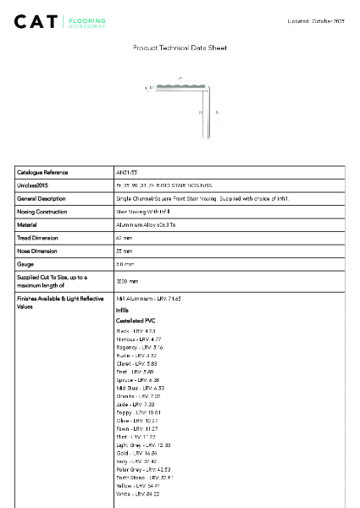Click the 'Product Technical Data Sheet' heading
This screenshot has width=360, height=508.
click(x=180, y=48)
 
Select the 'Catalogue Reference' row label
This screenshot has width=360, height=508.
click(x=43, y=172)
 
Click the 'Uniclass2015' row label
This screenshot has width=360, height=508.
click(x=33, y=185)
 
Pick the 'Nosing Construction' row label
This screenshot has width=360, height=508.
click(x=42, y=212)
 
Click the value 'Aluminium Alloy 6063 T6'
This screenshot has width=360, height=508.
click(x=146, y=225)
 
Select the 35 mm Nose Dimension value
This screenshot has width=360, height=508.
click(x=125, y=252)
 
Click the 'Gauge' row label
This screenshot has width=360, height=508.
click(x=25, y=265)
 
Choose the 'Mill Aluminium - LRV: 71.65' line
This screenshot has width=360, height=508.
click(x=148, y=299)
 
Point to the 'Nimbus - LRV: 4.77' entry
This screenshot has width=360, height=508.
click(x=138, y=339)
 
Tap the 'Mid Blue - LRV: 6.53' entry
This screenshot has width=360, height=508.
click(x=140, y=388)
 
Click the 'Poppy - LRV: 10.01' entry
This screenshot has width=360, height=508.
click(x=137, y=412)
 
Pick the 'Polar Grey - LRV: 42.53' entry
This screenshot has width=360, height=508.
click(x=143, y=469)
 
